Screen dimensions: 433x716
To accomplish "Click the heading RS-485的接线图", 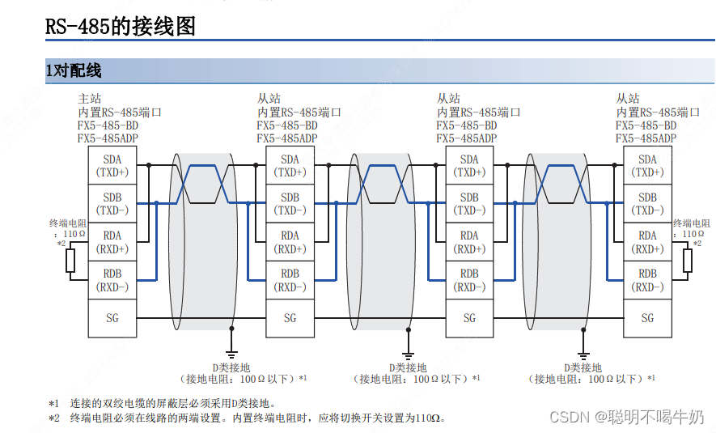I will tap(121, 28).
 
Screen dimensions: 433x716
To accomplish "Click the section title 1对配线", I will tap(74, 71).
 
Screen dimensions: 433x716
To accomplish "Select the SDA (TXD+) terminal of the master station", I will tap(112, 166).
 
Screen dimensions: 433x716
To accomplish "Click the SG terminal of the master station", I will tap(112, 318).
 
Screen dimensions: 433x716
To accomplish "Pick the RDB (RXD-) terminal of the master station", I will tap(112, 280).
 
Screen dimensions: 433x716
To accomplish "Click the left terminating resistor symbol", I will tap(70, 261).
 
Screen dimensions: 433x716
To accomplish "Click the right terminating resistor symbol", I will tap(688, 261).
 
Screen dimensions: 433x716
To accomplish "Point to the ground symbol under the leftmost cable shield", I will tap(232, 354).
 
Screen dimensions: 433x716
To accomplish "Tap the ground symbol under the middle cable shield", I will tap(409, 354).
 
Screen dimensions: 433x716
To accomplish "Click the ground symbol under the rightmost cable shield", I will tap(583, 354).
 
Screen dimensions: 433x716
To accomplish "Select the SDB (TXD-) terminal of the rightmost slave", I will tap(647, 204).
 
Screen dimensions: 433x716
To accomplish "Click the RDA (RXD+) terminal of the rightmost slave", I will tap(647, 242).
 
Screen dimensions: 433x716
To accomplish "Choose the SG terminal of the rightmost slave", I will tap(647, 318).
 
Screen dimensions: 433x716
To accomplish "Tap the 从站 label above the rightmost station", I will tap(627, 98).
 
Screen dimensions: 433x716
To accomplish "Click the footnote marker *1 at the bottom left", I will tap(53, 403).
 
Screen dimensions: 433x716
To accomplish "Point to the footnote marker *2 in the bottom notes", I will tap(53, 418).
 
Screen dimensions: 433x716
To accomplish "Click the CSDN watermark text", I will tap(568, 417).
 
